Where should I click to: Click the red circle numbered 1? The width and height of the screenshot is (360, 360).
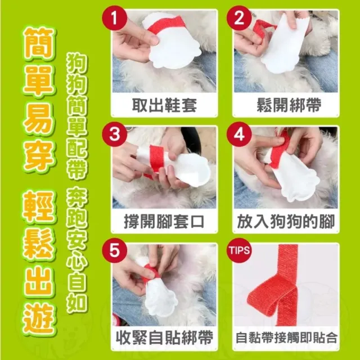[x=115, y=17]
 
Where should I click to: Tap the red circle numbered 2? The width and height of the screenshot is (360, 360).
[x=239, y=17]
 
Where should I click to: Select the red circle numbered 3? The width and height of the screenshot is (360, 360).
[x=115, y=134]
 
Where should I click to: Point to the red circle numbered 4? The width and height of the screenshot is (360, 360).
[x=239, y=134]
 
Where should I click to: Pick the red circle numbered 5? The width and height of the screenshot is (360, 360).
[x=115, y=250]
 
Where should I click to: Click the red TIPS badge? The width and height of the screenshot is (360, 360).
[x=239, y=250]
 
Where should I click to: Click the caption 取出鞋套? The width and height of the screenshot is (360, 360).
[x=164, y=105]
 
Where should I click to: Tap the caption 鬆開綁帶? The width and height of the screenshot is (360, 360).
[x=289, y=105]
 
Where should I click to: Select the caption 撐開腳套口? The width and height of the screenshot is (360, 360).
[x=164, y=222]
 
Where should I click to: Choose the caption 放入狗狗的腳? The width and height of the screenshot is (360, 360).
[x=286, y=222]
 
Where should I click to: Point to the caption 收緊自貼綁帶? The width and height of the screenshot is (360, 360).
[x=164, y=337]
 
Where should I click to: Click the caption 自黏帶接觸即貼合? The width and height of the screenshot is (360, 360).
[x=286, y=338]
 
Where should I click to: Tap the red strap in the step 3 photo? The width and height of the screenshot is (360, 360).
[x=156, y=160]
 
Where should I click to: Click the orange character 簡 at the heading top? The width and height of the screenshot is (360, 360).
[x=39, y=44]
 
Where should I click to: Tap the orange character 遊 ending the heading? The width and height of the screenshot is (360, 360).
[x=39, y=319]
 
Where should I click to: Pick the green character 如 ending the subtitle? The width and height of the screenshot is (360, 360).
[x=77, y=303]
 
